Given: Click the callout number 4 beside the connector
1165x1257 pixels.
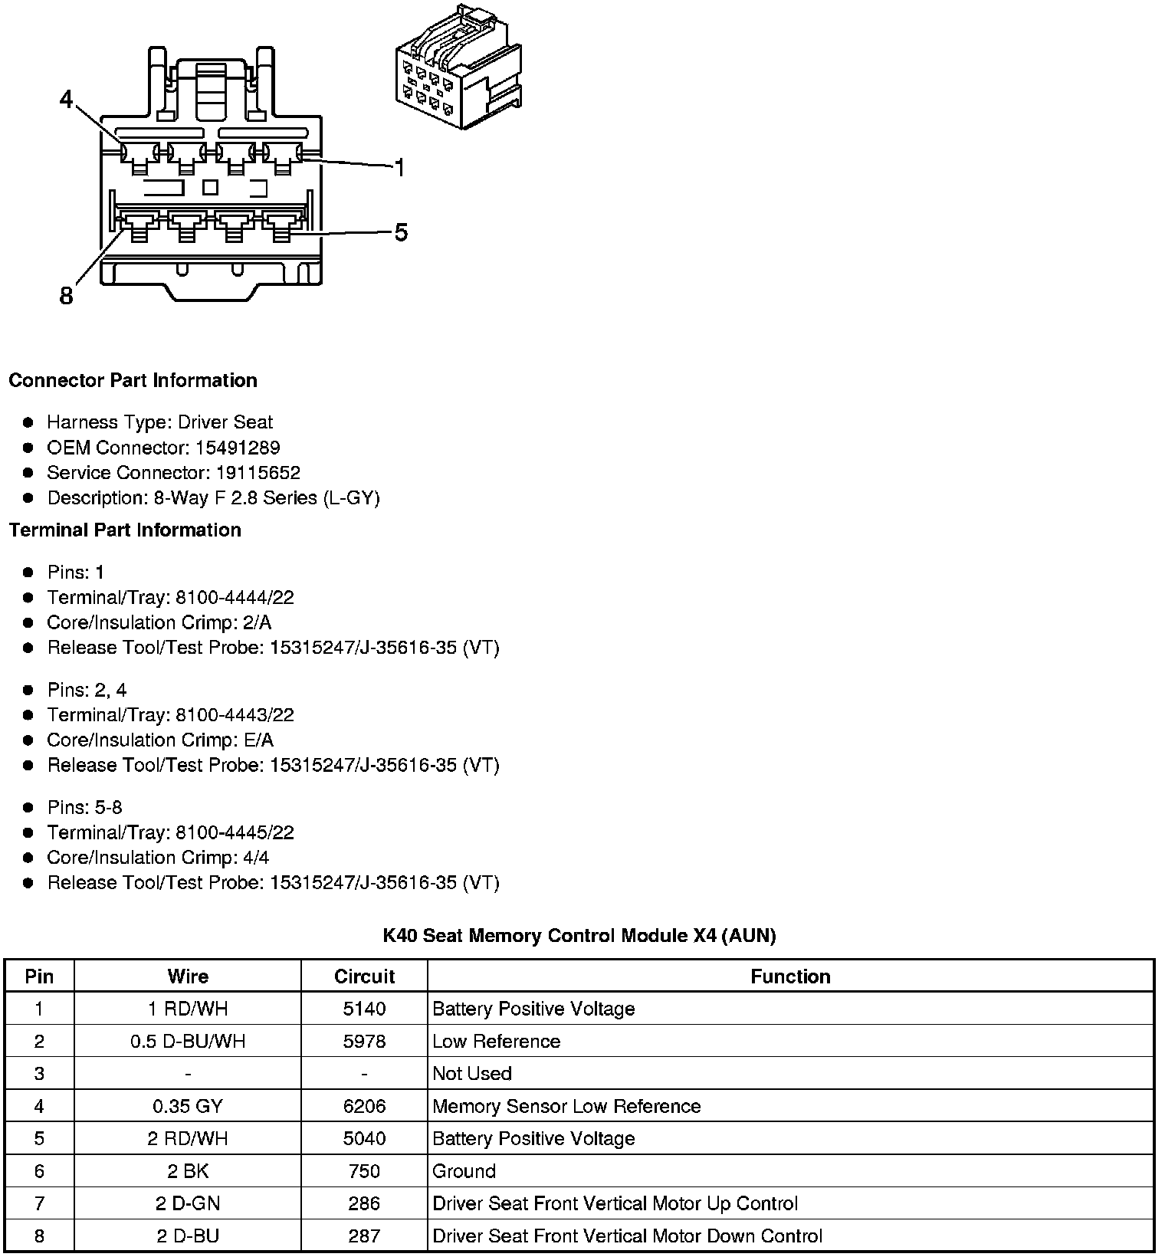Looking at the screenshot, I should (67, 100).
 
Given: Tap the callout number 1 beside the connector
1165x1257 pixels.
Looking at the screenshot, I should (399, 167).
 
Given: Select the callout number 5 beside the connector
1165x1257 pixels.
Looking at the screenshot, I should (401, 232).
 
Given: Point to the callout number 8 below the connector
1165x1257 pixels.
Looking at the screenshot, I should (67, 295).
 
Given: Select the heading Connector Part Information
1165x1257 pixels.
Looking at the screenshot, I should (133, 381).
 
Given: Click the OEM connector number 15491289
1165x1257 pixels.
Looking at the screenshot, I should (237, 448).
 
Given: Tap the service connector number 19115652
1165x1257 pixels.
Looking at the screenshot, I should (258, 473).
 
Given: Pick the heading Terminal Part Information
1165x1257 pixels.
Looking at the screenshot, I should (125, 530).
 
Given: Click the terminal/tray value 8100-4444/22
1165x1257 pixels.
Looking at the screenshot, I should (235, 598).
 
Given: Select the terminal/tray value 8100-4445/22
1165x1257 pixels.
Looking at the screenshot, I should (235, 832).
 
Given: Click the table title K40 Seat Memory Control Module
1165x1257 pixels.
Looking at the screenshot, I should (579, 936).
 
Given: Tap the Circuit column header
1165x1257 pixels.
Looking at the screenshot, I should (364, 976).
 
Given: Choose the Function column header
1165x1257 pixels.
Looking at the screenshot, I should (790, 976).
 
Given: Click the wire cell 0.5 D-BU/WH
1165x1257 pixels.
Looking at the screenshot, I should (188, 1042).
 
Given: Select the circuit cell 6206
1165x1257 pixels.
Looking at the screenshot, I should (364, 1106).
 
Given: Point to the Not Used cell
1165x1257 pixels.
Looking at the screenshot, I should (472, 1074).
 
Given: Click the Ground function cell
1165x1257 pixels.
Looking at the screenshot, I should (464, 1171).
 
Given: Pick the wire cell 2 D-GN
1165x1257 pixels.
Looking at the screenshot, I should (188, 1203).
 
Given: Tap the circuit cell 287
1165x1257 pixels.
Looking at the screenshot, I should (364, 1236).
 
